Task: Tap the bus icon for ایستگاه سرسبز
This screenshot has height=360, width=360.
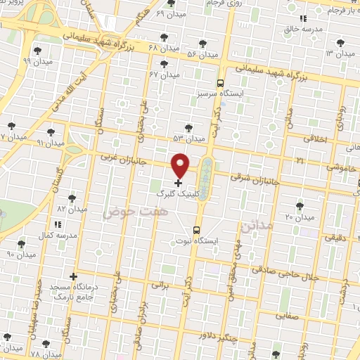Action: pyautogui.click(x=220, y=82)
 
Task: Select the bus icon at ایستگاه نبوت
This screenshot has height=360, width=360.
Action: pyautogui.click(x=196, y=229)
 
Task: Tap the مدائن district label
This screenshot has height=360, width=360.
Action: pyautogui.click(x=255, y=226)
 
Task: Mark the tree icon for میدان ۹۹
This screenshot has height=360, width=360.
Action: pyautogui.click(x=38, y=50)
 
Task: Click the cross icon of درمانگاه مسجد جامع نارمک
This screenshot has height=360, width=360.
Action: pyautogui.click(x=73, y=276)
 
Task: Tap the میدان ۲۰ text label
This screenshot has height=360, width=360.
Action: pyautogui.click(x=299, y=217)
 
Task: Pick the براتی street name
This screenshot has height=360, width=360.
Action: pyautogui.click(x=161, y=285)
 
